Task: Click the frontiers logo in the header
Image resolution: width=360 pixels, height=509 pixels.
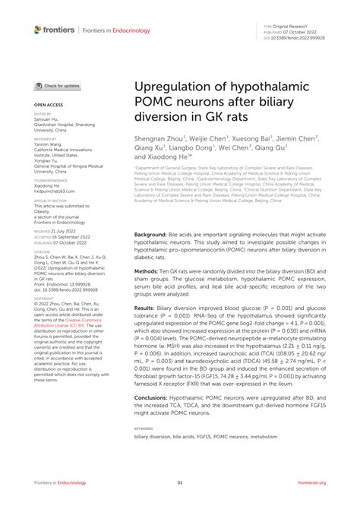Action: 54,30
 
